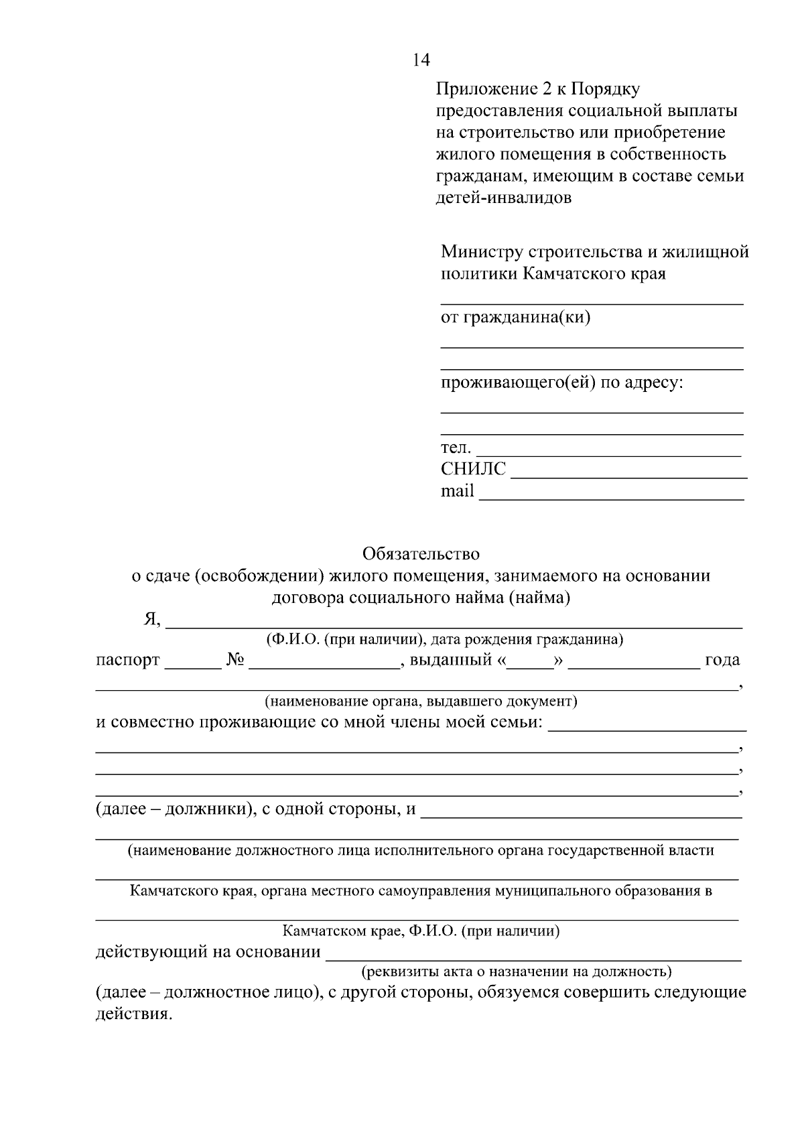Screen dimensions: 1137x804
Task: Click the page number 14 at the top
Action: point(421,60)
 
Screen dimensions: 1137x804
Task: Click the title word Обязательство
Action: point(421,554)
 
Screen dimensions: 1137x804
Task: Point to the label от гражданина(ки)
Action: point(515,318)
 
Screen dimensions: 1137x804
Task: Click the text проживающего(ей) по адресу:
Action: point(561,383)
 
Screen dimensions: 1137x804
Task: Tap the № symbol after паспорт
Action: point(234,660)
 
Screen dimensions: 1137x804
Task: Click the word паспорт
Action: point(127,661)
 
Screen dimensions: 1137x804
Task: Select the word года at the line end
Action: point(722,660)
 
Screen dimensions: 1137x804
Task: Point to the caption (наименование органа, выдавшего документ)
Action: point(420,701)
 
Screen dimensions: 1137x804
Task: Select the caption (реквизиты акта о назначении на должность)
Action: point(516,971)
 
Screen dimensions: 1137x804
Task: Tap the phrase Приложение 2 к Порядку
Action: point(537,88)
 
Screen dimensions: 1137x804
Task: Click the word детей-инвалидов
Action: point(503,198)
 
